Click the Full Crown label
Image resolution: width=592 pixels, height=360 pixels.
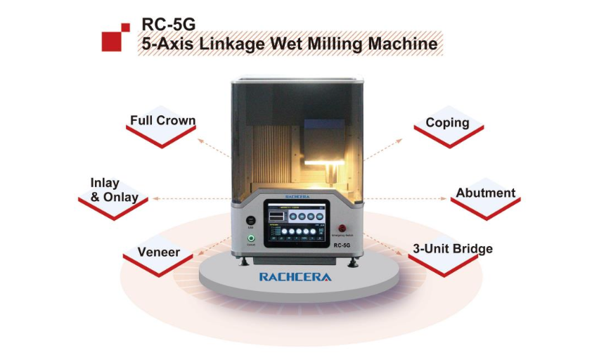[x=162, y=121]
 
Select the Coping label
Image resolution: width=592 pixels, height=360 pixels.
[x=447, y=122]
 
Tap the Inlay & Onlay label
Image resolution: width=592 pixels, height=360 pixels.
[x=114, y=190]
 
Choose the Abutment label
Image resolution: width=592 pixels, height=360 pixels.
[x=485, y=193]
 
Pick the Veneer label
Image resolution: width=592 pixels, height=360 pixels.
[x=159, y=252]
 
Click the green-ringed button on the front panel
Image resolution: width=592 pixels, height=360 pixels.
[x=251, y=238]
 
